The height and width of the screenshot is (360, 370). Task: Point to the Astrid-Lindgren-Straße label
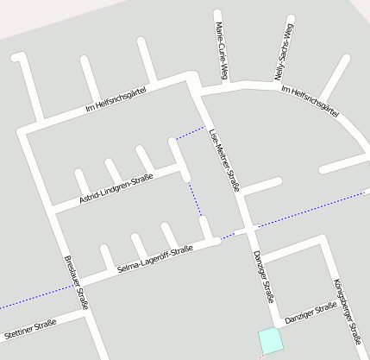[x=116, y=190]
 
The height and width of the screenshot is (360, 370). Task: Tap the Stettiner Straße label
[x=30, y=328]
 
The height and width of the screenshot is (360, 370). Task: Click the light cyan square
[x=270, y=340]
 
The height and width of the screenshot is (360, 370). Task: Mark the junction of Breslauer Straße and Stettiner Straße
[x=89, y=313]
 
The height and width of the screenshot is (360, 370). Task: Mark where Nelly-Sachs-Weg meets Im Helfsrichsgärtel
[x=282, y=85]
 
